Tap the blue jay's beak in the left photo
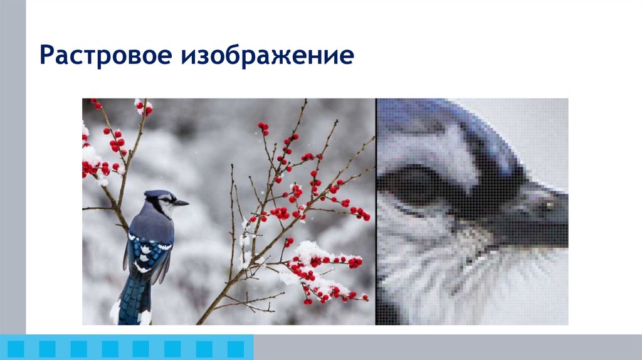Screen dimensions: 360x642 (181, 203)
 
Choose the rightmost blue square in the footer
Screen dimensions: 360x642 (235, 349)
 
